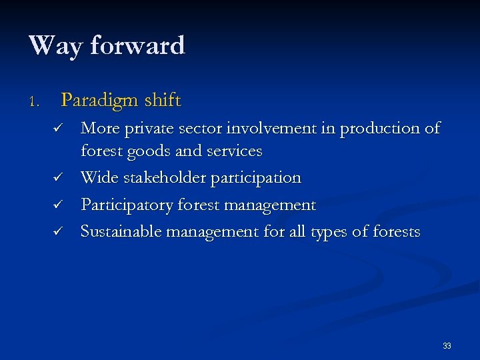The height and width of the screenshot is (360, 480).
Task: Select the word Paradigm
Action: click(99, 101)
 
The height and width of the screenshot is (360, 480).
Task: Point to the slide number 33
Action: click(447, 346)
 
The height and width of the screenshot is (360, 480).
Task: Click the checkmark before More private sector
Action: click(58, 127)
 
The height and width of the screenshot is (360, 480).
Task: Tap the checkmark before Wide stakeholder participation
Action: click(58, 179)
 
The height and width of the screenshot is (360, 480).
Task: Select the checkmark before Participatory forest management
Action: click(58, 205)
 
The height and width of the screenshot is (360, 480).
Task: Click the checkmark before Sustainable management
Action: click(58, 232)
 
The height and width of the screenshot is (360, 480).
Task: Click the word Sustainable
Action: click(121, 231)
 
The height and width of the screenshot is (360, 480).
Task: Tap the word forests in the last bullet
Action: click(395, 231)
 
